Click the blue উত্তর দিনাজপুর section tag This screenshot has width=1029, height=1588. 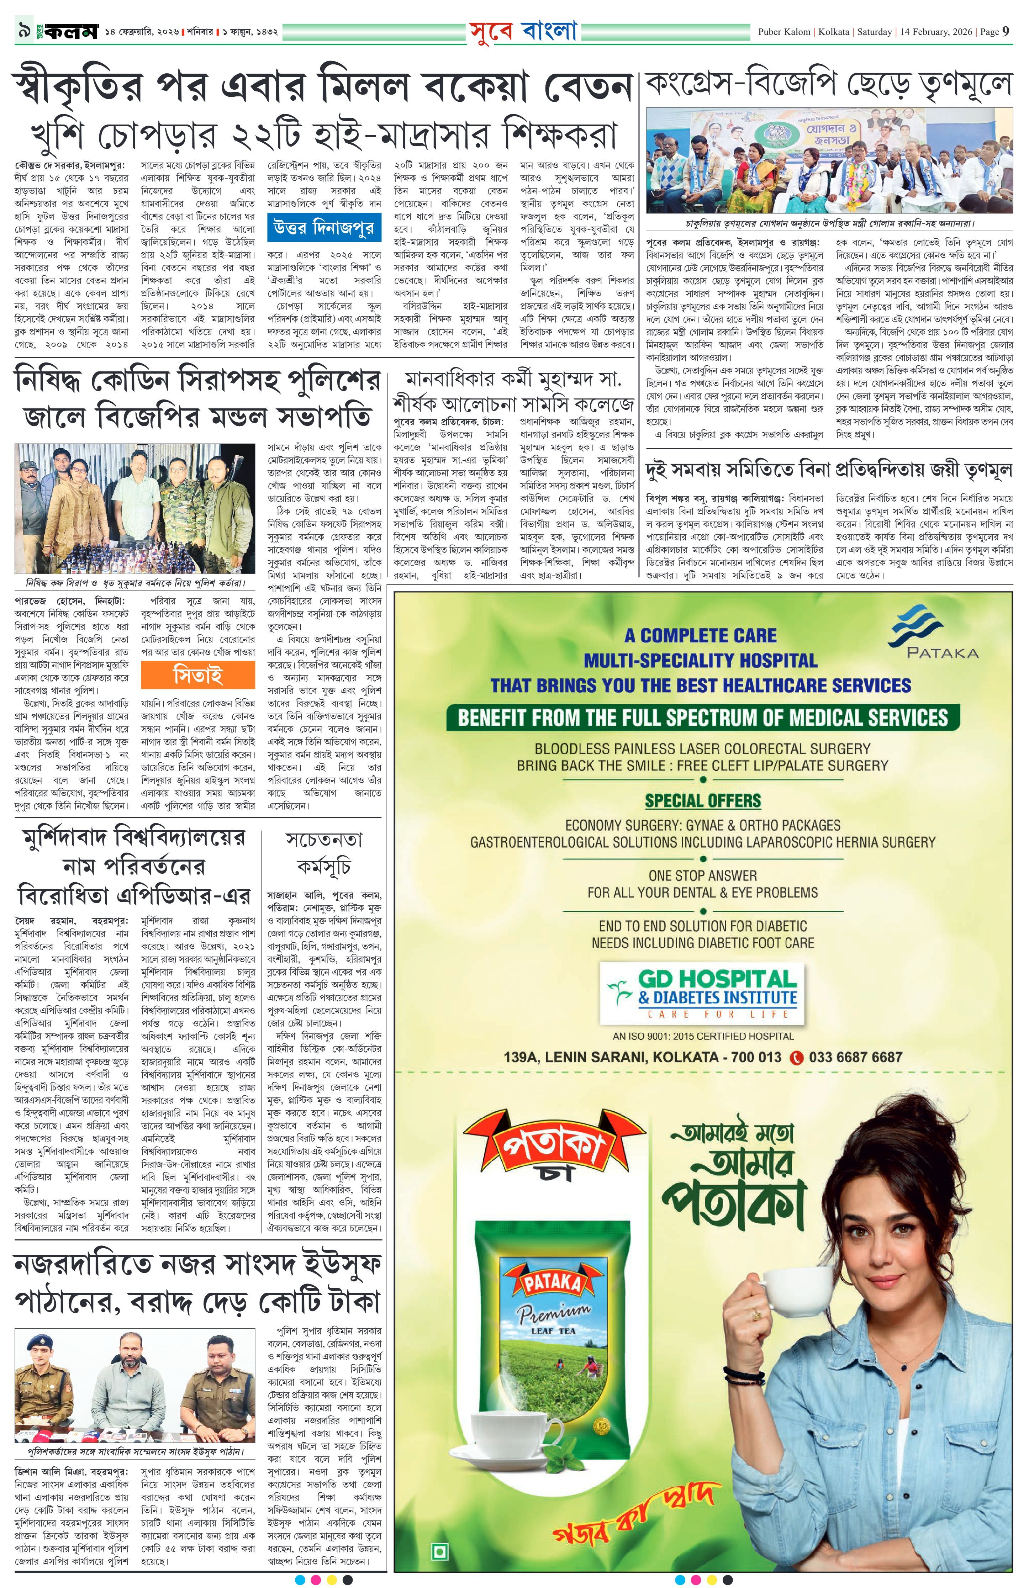[324, 228]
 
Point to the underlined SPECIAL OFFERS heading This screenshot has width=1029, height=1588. [702, 801]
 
